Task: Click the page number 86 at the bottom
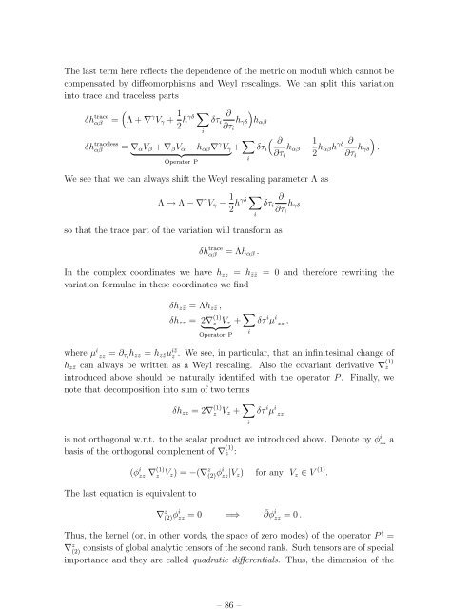point(235,582)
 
